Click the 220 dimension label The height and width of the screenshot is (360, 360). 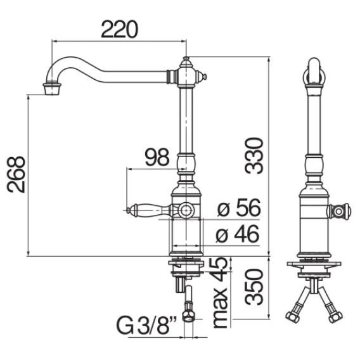[119, 29]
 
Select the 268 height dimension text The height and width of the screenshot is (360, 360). [16, 174]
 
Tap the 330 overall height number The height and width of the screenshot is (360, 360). [254, 156]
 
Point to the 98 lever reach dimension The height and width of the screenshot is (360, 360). [157, 157]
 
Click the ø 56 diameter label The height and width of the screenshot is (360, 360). [239, 208]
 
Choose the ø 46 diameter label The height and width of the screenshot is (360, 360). [238, 234]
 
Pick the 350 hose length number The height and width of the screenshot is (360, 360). [254, 287]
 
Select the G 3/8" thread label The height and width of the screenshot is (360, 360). [147, 326]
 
